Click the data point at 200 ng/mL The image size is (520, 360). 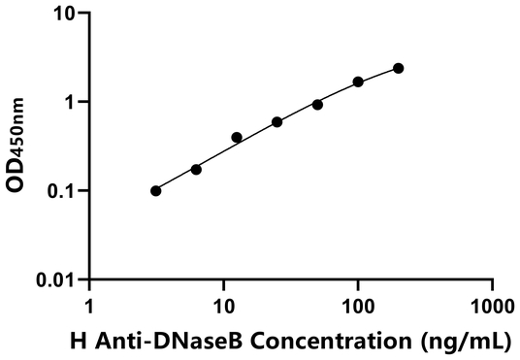pyautogui.click(x=398, y=68)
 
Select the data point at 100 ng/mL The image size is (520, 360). pyautogui.click(x=358, y=82)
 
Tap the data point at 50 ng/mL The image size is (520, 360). pyautogui.click(x=317, y=104)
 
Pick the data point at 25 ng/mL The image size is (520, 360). pyautogui.click(x=277, y=121)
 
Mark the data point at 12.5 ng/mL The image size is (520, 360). pyautogui.click(x=237, y=138)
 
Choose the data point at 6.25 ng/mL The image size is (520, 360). pyautogui.click(x=196, y=169)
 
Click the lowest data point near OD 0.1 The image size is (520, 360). pyautogui.click(x=156, y=190)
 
